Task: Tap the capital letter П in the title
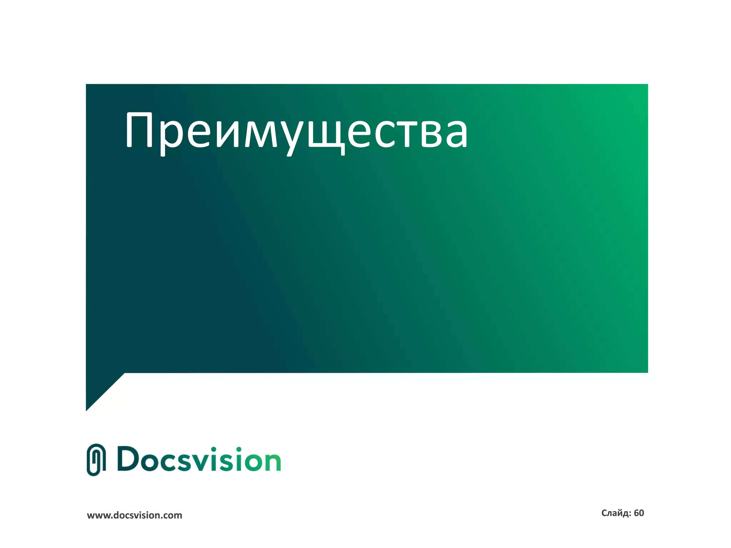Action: [x=140, y=130]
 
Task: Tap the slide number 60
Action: [x=639, y=513]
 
